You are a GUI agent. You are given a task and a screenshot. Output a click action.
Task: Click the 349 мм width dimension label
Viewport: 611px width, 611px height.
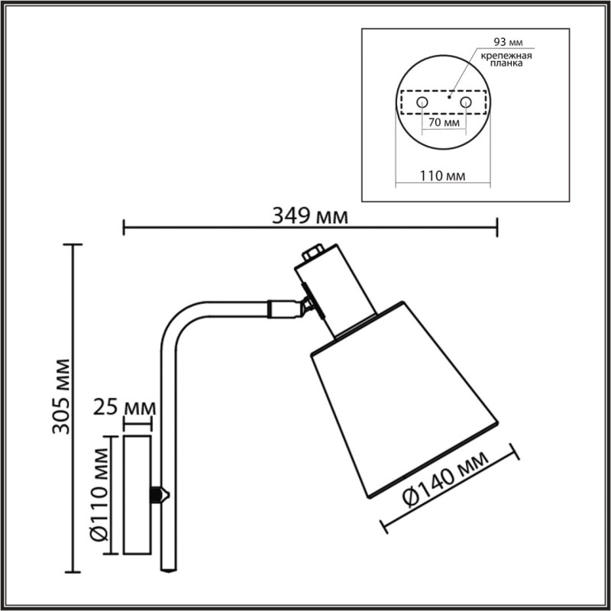(x=310, y=216)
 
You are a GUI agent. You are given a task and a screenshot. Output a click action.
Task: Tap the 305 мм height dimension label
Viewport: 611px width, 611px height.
(x=62, y=396)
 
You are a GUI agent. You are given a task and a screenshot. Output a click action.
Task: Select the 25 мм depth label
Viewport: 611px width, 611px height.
(x=124, y=407)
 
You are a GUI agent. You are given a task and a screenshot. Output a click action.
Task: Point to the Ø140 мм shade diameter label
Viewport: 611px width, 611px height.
(x=446, y=480)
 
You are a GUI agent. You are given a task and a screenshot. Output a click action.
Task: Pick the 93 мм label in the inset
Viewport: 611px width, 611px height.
(x=508, y=42)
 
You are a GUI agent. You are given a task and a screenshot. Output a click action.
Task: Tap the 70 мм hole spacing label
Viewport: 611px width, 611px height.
(x=444, y=122)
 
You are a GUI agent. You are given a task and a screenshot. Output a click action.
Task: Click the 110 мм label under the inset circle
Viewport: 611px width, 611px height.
(x=442, y=176)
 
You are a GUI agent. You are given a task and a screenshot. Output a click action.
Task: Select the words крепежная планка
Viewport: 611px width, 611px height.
(x=506, y=60)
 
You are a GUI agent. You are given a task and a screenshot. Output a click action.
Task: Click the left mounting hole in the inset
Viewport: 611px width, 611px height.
(x=422, y=102)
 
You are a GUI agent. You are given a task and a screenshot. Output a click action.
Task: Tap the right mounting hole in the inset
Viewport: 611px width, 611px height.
(x=466, y=102)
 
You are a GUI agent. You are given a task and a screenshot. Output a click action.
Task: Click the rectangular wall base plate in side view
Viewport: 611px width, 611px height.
(x=137, y=494)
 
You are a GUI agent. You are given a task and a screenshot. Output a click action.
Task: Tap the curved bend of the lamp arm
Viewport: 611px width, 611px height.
(x=177, y=319)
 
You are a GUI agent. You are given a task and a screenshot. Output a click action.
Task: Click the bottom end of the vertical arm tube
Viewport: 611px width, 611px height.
(x=168, y=571)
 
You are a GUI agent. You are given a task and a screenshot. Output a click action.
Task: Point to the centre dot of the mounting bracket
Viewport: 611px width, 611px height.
(x=449, y=97)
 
